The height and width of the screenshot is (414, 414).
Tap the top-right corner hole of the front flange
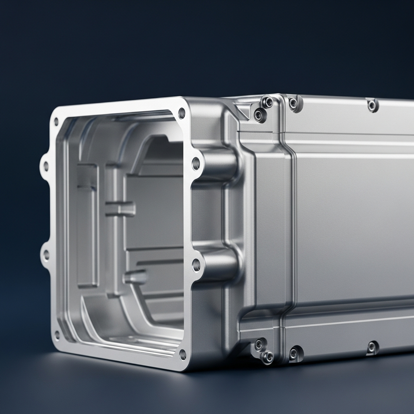(182, 113)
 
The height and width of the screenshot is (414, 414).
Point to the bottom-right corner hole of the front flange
(183, 355)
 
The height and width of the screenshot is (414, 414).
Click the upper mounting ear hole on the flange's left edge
(46, 166)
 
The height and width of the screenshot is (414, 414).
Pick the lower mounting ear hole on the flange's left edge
(46, 255)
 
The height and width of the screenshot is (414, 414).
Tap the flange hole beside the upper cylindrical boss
(196, 164)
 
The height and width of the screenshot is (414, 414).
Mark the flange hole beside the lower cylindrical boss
(196, 265)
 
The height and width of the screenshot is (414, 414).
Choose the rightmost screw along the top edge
(372, 106)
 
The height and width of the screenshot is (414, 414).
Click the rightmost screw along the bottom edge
(372, 347)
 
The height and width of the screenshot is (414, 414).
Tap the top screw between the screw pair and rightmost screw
(294, 103)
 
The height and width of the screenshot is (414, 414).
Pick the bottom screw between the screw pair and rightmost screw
(294, 354)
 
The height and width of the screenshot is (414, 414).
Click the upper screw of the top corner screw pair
(267, 102)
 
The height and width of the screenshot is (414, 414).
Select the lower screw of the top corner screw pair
(259, 115)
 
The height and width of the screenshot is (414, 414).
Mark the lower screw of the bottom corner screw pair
(267, 357)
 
